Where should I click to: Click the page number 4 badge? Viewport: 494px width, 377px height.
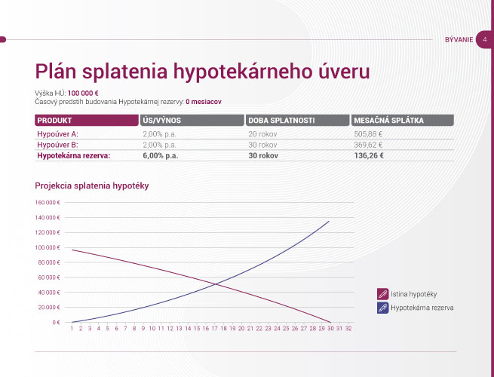484,40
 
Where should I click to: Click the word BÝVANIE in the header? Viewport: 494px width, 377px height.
459,40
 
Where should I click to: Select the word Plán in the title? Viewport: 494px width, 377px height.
56,71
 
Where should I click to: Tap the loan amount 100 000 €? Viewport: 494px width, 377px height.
83,93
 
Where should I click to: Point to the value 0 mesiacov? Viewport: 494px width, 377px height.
204,102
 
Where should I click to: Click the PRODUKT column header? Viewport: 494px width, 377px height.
86,121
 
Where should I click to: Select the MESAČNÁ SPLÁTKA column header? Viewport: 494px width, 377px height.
402,121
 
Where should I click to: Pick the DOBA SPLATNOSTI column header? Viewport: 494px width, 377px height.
297,121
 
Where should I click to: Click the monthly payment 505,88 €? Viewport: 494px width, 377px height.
368,134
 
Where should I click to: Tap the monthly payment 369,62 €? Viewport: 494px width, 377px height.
368,145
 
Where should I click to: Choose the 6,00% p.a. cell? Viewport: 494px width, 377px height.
161,155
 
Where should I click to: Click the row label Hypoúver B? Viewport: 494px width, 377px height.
57,145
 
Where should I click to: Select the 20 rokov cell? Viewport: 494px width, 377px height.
262,134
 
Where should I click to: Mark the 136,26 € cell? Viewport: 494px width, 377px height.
369,155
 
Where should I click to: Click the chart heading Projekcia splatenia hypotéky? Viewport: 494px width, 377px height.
92,185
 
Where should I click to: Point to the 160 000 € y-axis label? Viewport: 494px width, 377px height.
48,203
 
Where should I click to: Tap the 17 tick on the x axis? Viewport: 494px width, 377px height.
214,329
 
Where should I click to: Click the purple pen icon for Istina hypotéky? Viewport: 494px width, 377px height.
383,294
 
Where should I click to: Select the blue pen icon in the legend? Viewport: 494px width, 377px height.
383,308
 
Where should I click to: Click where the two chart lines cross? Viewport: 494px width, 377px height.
216,284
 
